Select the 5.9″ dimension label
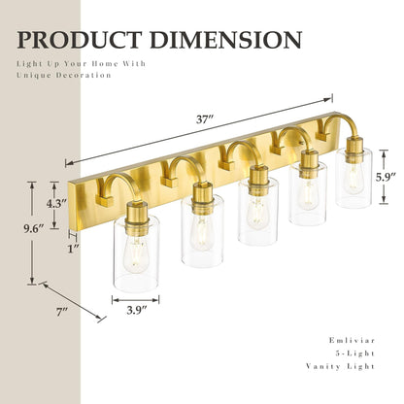tap(385, 178)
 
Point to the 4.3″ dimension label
tap(57, 205)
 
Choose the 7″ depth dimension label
tap(60, 311)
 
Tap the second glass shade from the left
tap(202, 236)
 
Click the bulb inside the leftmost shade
tap(136, 254)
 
